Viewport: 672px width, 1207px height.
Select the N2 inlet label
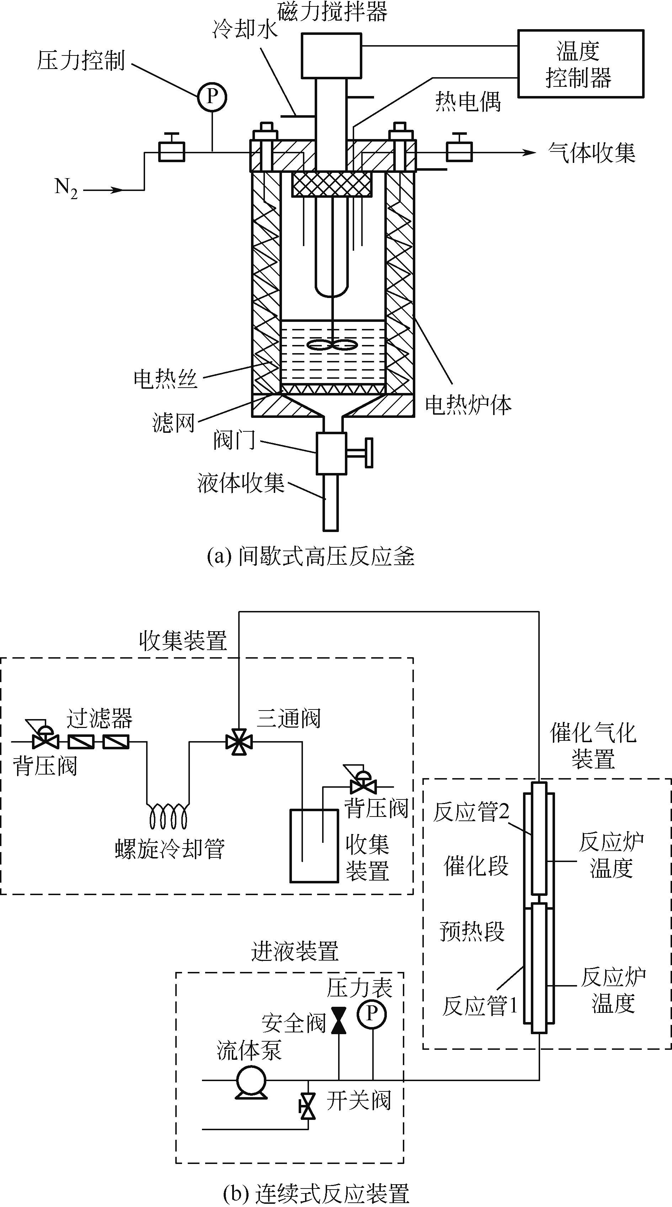[x=66, y=188]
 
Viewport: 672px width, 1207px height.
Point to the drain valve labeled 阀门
[x=332, y=453]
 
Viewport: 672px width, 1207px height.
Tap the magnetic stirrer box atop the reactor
[x=331, y=55]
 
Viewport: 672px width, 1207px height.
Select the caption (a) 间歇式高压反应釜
[x=311, y=557]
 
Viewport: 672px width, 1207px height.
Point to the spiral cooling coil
[x=168, y=816]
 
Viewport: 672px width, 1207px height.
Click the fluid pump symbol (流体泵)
[x=252, y=1080]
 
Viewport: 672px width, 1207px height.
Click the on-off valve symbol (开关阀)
[x=308, y=1106]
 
